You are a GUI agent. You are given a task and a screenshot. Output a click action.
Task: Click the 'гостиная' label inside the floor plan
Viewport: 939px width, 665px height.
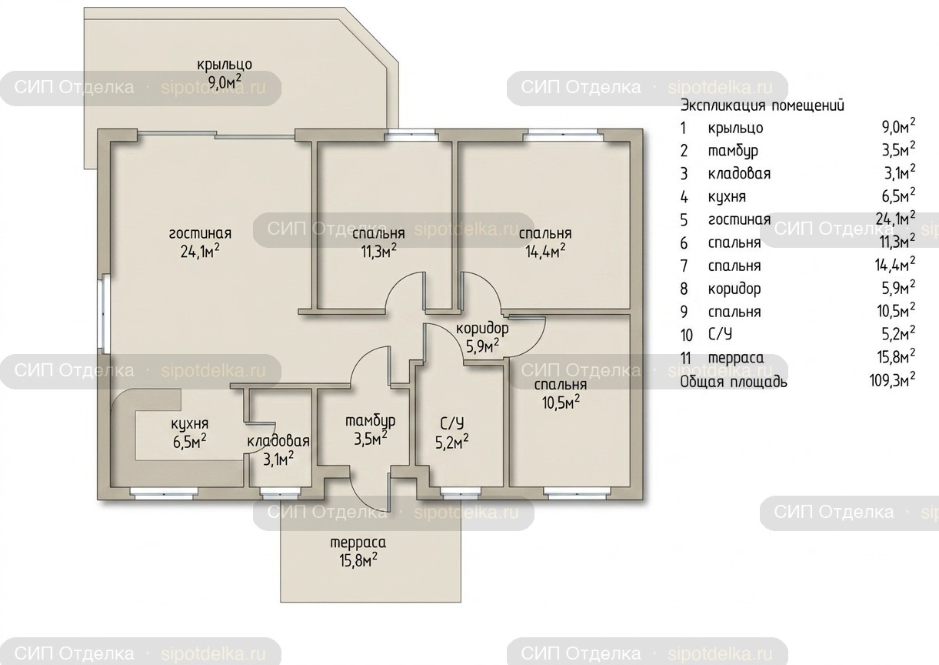200,234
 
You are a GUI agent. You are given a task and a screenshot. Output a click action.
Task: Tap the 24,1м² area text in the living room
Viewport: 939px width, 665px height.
200,251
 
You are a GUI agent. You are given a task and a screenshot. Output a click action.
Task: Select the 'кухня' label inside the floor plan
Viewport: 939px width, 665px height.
189,424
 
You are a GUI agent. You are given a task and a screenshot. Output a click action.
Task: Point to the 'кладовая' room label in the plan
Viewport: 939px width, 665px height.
278,441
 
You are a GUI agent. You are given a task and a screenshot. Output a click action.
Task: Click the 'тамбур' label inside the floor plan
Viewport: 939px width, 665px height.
370,421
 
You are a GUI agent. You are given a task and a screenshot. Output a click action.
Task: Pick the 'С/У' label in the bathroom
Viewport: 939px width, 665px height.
452,424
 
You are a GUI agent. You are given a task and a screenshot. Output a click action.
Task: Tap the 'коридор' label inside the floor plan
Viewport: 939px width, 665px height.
482,329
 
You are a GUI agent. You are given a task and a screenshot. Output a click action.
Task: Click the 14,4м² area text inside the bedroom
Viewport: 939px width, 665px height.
545,251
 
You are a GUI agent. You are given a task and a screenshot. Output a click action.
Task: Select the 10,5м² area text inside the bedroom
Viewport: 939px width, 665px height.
561,403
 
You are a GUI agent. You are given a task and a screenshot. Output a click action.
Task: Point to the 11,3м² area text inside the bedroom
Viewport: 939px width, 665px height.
379,251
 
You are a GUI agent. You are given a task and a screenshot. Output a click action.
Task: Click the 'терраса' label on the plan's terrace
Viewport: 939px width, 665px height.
358,543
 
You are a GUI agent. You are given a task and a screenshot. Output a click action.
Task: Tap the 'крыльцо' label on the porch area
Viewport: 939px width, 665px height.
225,65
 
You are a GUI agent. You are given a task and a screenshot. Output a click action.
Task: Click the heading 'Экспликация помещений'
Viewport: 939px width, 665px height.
761,105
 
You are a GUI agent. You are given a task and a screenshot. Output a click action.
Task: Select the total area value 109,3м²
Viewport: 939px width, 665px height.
892,380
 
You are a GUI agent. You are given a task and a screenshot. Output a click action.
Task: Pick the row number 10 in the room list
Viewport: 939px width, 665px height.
686,335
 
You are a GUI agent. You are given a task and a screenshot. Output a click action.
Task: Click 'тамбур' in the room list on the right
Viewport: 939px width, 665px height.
733,151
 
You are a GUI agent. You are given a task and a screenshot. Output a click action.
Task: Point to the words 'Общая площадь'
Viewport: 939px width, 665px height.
734,382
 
